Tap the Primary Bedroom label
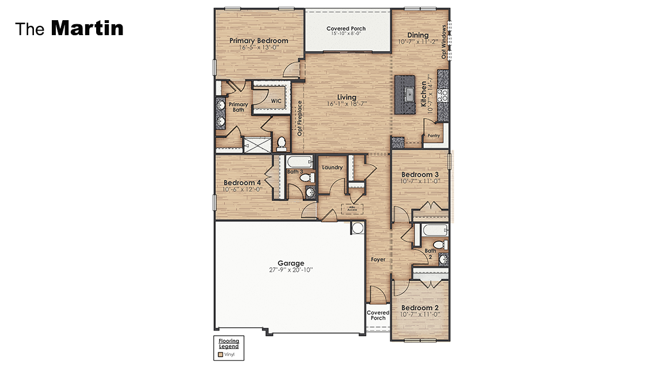258,41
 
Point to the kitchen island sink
409,94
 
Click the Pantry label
433,136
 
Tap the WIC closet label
276,101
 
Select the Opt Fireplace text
299,118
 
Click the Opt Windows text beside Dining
444,41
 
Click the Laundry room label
332,168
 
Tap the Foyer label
378,259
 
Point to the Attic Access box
352,209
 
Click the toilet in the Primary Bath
281,143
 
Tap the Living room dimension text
347,104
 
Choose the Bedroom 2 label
420,308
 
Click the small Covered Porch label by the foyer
378,315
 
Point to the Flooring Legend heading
229,343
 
